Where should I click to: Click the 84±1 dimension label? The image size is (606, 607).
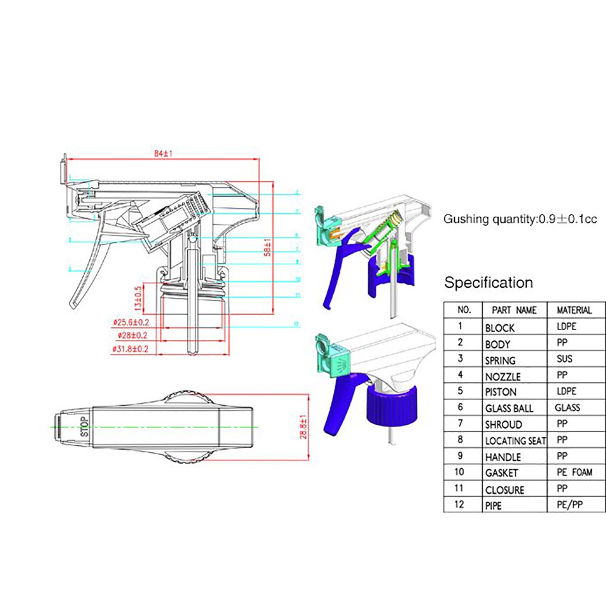pos(163,154)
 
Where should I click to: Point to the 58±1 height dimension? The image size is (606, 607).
pos(268,247)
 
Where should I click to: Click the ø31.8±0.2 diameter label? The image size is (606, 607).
pos(130,348)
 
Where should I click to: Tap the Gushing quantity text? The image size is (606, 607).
pos(520,219)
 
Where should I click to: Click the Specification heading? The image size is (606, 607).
pos(488,282)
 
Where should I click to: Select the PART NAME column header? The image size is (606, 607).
pos(514,310)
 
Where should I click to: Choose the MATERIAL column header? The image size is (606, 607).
pos(574,310)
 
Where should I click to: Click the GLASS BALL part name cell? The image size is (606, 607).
pos(509,409)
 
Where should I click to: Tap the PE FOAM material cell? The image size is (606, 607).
pos(574,473)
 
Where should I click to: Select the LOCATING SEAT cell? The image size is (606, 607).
pos(515,441)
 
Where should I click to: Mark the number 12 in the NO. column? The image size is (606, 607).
pos(459,504)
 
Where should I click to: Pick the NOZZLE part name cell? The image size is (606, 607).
pos(502,376)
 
